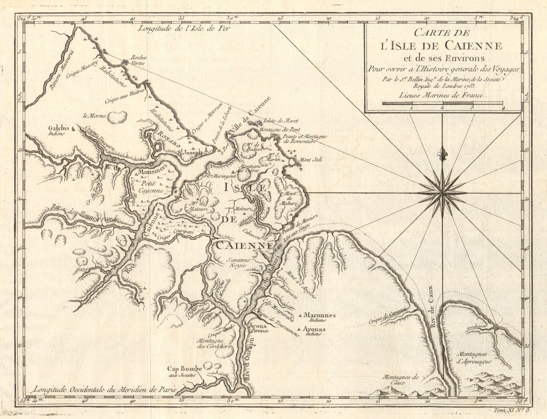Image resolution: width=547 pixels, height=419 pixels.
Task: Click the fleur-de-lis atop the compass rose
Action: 442,154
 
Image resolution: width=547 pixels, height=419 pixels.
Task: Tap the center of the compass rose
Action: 442,193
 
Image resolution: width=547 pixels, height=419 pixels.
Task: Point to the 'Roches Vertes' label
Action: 139,61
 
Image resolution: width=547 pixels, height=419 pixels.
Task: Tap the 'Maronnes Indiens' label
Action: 319,317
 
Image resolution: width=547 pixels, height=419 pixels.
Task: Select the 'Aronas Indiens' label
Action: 314,331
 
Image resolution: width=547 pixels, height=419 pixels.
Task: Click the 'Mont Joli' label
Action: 312,160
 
